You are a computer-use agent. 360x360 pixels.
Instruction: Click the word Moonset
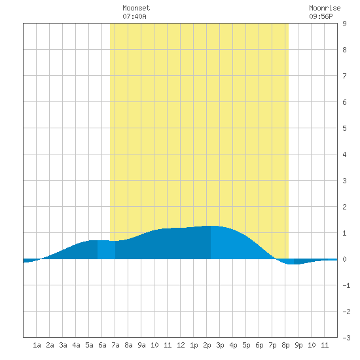pos(136,8)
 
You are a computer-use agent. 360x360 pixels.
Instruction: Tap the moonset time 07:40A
pos(134,16)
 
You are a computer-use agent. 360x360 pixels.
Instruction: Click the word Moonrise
pos(325,8)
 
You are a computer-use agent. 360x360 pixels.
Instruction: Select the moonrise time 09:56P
pos(321,16)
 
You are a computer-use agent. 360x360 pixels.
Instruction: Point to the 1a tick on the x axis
pos(37,345)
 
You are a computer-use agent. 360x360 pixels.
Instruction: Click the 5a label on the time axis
pos(89,345)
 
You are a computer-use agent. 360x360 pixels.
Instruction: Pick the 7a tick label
pos(115,345)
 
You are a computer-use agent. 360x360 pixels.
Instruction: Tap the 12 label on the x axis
pos(181,345)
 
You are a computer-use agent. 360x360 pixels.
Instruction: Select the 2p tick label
pos(207,345)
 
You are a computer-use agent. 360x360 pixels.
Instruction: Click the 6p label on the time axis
pos(259,345)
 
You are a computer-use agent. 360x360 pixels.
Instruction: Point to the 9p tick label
pos(298,345)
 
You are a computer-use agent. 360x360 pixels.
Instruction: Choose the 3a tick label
pos(63,345)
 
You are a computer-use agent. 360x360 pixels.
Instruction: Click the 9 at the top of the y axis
pos(344,24)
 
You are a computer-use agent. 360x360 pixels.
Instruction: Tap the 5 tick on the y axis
pos(344,128)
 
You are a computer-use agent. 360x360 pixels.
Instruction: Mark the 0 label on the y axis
pos(344,259)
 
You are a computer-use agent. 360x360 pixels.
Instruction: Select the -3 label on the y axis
pos(346,338)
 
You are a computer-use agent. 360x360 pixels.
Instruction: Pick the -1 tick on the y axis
pos(346,285)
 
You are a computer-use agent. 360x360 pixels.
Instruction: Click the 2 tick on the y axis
pos(344,207)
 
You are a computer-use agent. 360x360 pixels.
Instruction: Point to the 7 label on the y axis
pos(344,76)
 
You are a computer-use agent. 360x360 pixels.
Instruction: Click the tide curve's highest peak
pos(211,226)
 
